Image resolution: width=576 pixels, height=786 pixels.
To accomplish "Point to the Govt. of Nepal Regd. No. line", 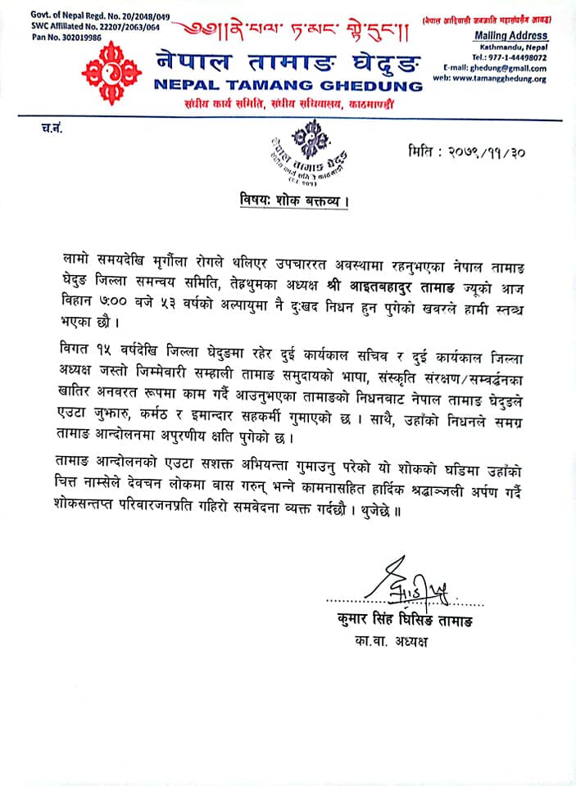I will coord(88,16).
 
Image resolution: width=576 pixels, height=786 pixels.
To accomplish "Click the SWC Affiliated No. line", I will coord(84,26).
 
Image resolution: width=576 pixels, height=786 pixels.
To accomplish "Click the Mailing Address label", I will coord(511,37).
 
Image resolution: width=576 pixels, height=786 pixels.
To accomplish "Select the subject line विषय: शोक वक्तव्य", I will coord(288,201).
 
